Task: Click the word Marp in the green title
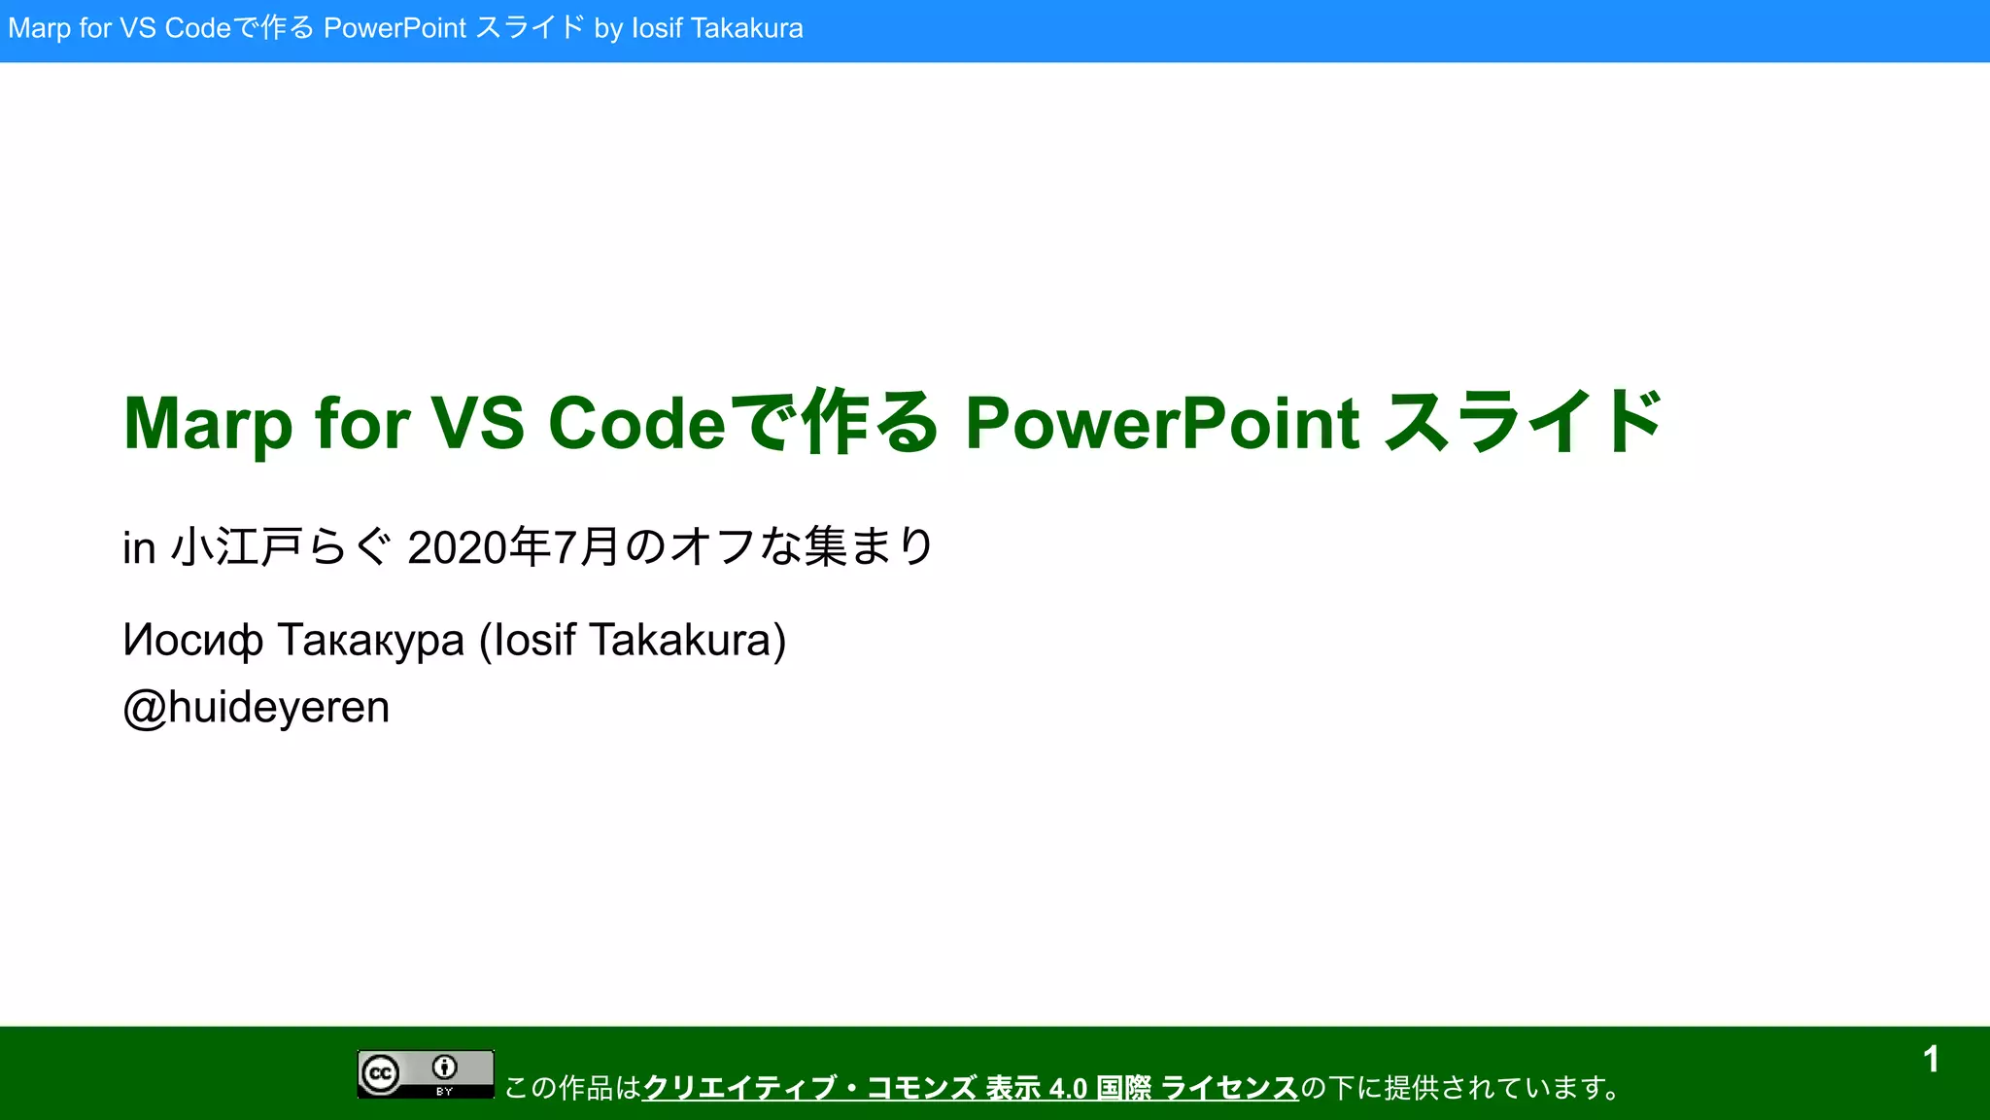(x=207, y=424)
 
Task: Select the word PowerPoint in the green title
(x=1162, y=424)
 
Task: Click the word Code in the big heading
(x=636, y=424)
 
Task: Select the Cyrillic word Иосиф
(x=192, y=641)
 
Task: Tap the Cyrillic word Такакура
(x=371, y=641)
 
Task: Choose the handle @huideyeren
(x=256, y=707)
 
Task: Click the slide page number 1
(x=1931, y=1060)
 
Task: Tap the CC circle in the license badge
(x=381, y=1074)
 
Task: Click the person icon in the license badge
(x=445, y=1067)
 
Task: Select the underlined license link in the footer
(x=970, y=1088)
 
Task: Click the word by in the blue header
(x=608, y=28)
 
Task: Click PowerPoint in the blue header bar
(x=395, y=28)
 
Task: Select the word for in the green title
(x=361, y=424)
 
